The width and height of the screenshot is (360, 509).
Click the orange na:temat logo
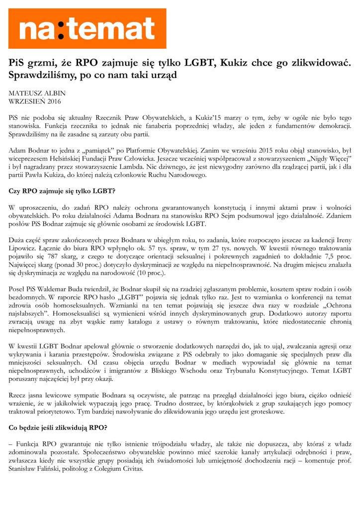coord(87,28)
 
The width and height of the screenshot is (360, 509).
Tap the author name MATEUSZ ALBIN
coord(37,93)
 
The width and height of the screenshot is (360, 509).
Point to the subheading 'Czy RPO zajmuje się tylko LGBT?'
coord(62,191)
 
